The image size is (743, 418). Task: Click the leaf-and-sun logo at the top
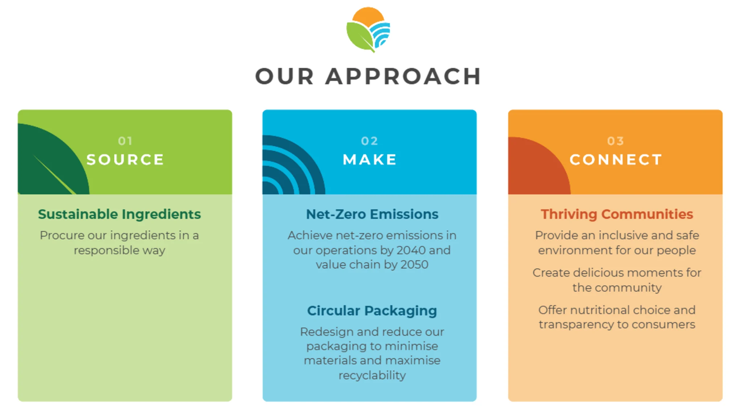click(x=368, y=29)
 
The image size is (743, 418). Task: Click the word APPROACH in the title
click(x=403, y=76)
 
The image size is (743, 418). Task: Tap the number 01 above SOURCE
click(x=125, y=141)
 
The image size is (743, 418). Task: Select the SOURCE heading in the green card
click(x=125, y=160)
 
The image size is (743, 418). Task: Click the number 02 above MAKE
click(x=370, y=141)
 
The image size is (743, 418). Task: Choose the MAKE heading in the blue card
click(x=370, y=160)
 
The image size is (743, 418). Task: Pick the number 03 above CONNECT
click(x=616, y=141)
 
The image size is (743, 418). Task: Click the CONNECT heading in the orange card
click(x=616, y=160)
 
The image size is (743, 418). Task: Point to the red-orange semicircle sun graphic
click(x=539, y=166)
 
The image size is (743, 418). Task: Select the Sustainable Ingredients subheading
click(x=119, y=215)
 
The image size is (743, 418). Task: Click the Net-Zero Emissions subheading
click(x=372, y=214)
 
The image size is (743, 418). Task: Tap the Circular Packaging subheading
click(x=372, y=311)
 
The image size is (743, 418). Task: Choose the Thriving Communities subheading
click(x=617, y=215)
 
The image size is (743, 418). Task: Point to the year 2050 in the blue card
click(x=414, y=265)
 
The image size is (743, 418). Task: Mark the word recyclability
click(x=372, y=376)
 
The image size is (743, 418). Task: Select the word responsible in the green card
click(x=107, y=251)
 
